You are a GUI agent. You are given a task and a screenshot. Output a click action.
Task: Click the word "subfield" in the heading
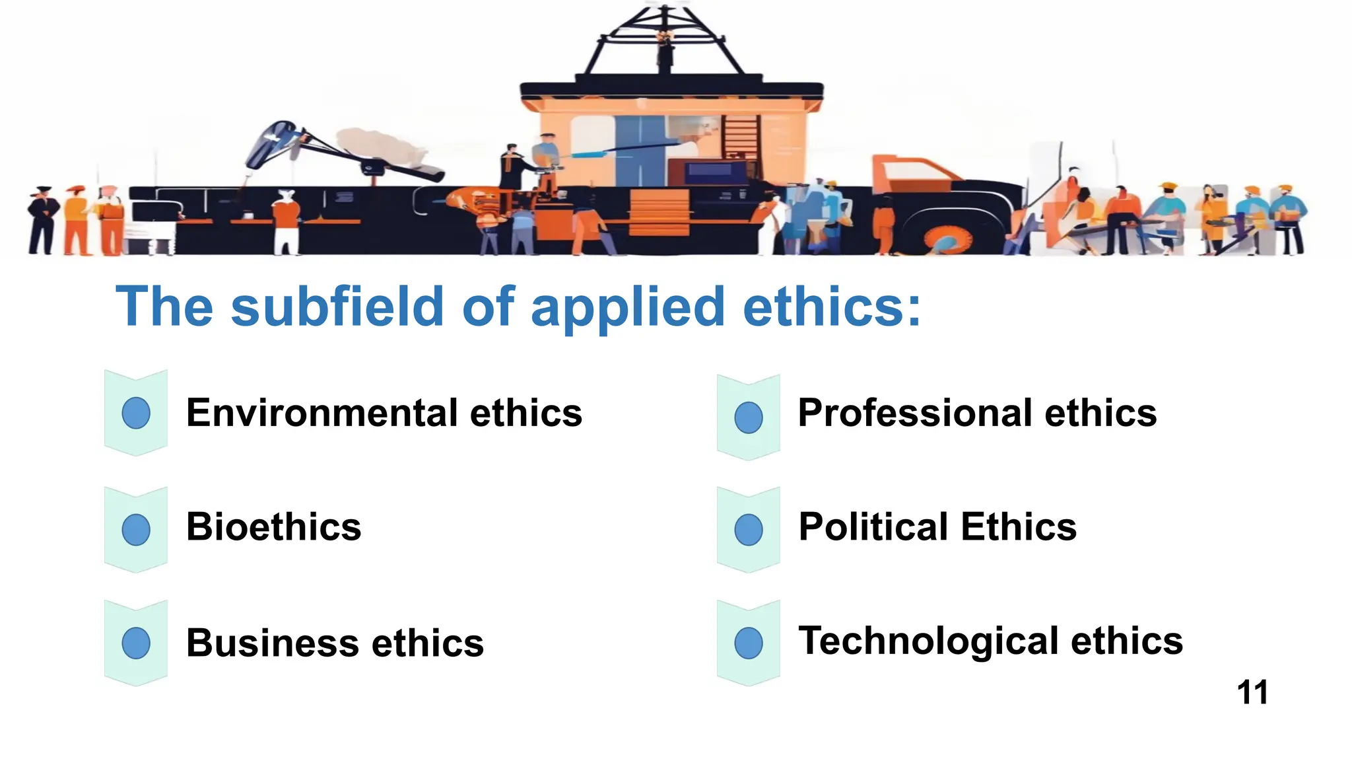pos(337,307)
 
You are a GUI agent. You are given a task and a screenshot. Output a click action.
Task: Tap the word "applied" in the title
pos(628,308)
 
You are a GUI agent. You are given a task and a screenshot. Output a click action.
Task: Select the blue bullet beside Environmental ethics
pos(136,413)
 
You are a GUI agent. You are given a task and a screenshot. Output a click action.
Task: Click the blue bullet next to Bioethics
pos(136,529)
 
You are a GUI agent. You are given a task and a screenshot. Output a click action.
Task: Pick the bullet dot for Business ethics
pos(136,643)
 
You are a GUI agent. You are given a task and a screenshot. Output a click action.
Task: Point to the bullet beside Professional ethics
pos(749,417)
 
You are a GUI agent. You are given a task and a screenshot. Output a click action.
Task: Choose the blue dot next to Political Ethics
pos(749,529)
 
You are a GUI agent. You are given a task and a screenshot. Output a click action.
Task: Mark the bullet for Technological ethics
pos(749,643)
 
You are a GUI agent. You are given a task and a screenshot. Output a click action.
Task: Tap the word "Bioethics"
pos(274,527)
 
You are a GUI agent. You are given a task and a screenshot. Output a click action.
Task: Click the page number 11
pos(1252,692)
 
